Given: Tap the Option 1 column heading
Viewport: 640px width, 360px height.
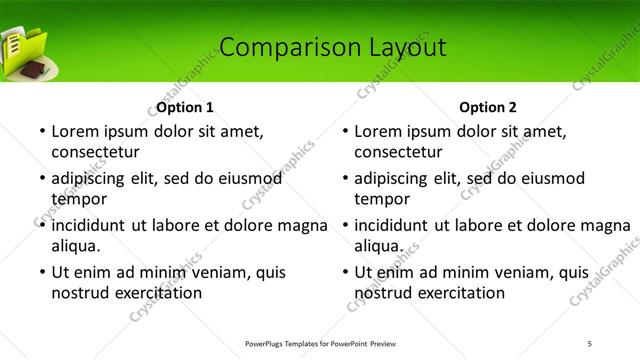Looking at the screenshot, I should point(185,107).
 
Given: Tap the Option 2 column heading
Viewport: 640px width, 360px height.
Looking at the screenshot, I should point(487,107).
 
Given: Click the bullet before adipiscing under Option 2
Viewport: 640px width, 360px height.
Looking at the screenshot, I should point(344,178).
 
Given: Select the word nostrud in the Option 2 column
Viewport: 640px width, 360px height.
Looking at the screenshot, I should point(384,294).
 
